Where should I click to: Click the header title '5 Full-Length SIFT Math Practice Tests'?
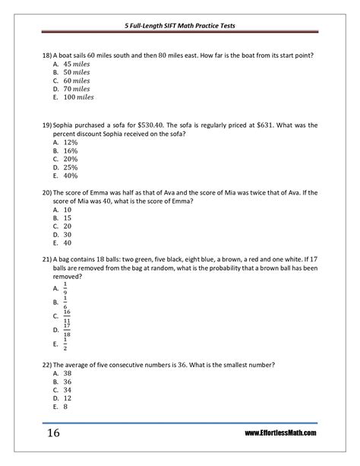click(179, 25)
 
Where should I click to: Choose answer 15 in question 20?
click(68, 217)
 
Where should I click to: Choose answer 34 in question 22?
click(68, 390)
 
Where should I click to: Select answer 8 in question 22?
click(66, 407)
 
